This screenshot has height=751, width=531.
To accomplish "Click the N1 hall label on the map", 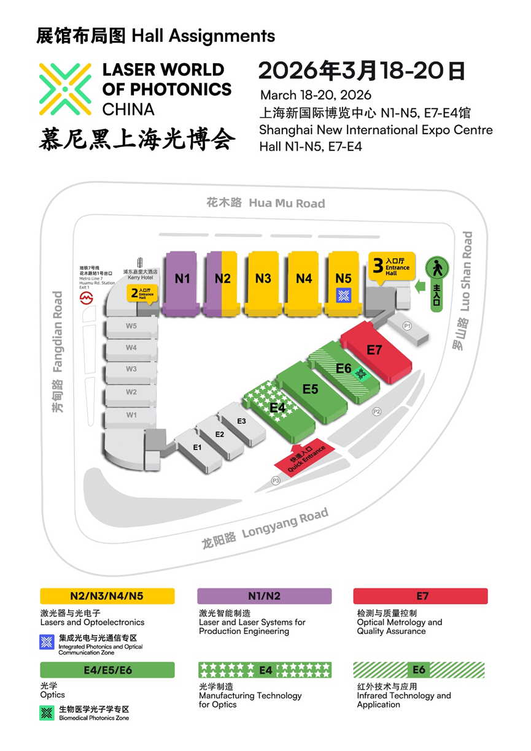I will (182, 278).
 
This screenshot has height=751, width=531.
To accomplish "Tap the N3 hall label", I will (263, 278).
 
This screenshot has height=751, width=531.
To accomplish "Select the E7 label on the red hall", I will (374, 350).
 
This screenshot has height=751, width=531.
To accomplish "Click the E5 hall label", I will (310, 389).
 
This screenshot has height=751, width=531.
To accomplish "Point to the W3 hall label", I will (131, 369).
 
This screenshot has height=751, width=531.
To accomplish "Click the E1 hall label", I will (197, 448).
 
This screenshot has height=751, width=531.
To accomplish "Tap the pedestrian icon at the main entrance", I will (438, 268).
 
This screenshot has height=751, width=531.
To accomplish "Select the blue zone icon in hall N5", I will (343, 295).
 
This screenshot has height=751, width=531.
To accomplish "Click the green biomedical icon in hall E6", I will (362, 373).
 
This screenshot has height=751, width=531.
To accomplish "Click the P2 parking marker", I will (377, 411).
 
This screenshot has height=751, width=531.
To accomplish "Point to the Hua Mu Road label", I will (265, 203).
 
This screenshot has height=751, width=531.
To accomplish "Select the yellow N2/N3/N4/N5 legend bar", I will (107, 596).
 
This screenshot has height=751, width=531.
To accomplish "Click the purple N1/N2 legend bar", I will (265, 596).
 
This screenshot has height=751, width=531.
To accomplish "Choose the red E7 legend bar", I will (421, 596).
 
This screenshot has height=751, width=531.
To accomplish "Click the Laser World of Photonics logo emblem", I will (66, 89).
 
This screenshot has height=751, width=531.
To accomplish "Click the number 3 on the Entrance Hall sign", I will (378, 265).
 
